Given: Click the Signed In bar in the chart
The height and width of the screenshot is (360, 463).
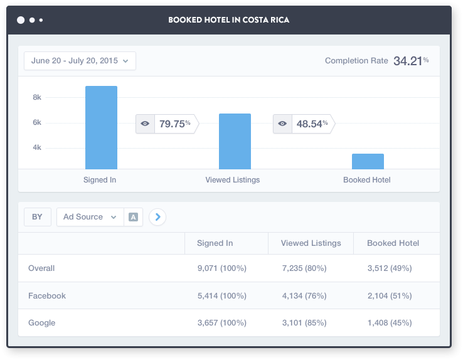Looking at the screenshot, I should pos(101,127).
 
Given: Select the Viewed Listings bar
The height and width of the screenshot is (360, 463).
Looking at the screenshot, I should pos(235,141).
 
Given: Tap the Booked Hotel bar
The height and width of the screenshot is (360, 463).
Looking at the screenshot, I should pos(368,161).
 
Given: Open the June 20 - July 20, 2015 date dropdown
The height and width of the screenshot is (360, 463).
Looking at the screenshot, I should pos(80,61).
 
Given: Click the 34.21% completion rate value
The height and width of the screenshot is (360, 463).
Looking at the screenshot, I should pos(411,61).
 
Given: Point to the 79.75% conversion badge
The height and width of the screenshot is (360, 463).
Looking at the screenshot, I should pos(167,124).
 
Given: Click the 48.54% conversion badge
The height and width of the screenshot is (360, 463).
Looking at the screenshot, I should pos(304,124).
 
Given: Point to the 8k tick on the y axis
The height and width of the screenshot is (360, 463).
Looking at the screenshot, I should pos(37,97).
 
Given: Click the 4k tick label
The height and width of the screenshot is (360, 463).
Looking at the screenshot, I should pos(37,147).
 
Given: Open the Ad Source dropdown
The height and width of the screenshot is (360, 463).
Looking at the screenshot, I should pos(90,217).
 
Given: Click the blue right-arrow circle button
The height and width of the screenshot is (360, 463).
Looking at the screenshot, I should pos(158,217).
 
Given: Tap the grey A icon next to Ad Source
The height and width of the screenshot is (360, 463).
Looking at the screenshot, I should pos(133,217).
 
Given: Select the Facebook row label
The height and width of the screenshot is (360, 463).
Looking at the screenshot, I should pos(47,295).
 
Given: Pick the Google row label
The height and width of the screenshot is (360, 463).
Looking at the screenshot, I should pos(42,323).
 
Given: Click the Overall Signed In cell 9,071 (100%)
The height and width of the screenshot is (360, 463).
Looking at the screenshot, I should pos(221,268).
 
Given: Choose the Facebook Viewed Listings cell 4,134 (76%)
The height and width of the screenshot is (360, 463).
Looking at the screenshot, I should pos(304,295).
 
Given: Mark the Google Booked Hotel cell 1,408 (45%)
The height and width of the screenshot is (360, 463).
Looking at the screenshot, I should pos(390,323).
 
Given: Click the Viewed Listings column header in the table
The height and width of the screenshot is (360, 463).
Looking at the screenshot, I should pos(311,243).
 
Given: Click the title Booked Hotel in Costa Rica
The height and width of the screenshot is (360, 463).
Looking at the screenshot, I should pos(228,20).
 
